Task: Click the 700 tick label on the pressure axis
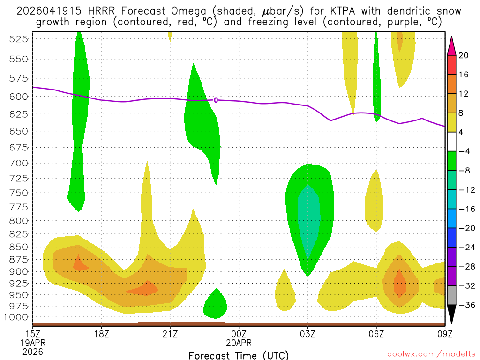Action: coord(18,163)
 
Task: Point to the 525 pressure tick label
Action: coord(18,39)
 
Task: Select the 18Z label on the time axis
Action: coord(102,334)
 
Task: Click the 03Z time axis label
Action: coord(307,334)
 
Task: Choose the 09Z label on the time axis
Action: coord(444,334)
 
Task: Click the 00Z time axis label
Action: coord(239,334)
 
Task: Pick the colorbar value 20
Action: coord(464,55)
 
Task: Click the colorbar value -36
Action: coord(464,305)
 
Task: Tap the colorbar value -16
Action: coord(464,209)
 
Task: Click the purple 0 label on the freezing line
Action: coord(216,100)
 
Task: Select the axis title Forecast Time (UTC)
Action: coord(239,355)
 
